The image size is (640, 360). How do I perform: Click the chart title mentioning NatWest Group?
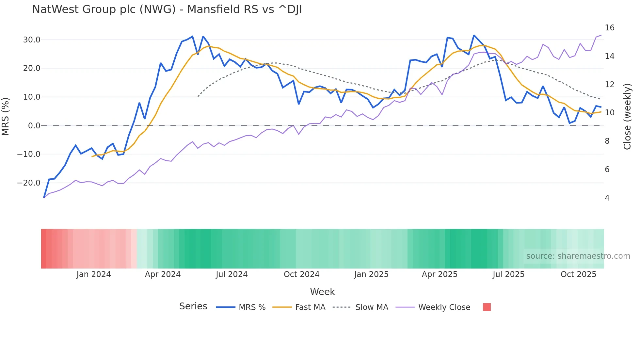[167, 9]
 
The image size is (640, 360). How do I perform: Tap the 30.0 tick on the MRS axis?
[31, 40]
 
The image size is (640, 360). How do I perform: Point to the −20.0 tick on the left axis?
[29, 183]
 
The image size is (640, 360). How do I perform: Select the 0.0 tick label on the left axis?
[34, 126]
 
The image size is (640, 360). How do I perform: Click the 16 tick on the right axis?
[609, 28]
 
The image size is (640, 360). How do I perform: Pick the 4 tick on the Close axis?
[607, 198]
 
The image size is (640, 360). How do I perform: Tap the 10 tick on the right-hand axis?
[609, 113]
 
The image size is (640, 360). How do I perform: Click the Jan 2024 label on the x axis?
[94, 274]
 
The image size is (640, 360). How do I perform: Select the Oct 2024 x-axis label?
[301, 274]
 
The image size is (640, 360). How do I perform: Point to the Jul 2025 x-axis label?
[508, 274]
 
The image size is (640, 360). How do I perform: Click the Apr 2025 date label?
[440, 274]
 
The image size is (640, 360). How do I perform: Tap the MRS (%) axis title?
[6, 116]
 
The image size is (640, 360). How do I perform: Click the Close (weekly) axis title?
[627, 117]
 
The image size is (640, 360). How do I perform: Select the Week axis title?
[322, 292]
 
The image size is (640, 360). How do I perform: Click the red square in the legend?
[487, 307]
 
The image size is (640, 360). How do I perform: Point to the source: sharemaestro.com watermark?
[578, 256]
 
